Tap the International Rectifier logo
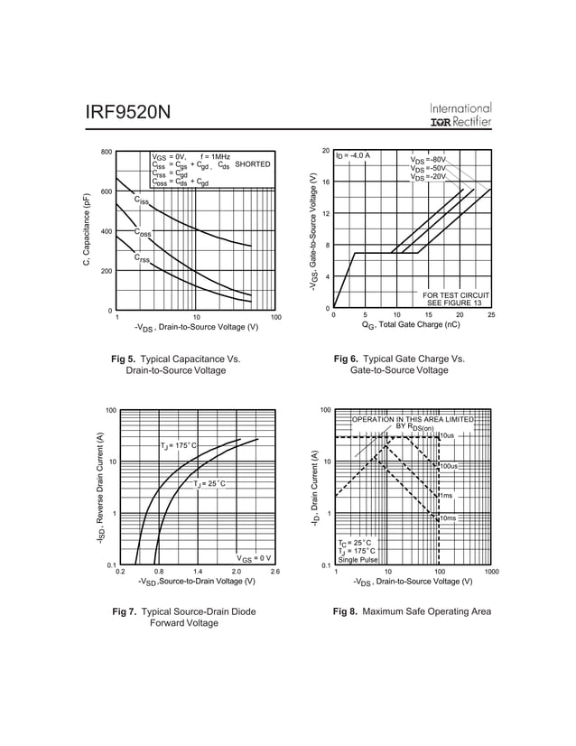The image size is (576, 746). click(460, 114)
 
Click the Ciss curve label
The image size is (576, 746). click(142, 201)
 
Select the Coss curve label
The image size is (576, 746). click(143, 233)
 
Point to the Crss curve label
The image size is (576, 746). click(143, 259)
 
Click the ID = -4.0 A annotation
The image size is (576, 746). click(353, 156)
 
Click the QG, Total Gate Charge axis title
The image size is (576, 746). click(411, 324)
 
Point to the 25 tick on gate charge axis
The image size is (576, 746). click(491, 314)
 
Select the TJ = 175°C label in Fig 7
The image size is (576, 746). click(178, 446)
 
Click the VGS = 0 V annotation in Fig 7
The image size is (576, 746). click(254, 557)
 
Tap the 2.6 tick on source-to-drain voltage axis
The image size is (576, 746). click(275, 572)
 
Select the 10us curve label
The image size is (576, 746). click(447, 436)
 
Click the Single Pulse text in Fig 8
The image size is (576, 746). click(358, 559)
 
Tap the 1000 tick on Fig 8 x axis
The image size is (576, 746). click(490, 572)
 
